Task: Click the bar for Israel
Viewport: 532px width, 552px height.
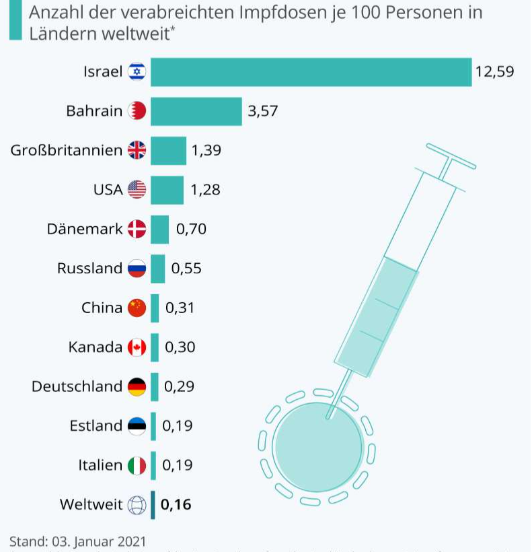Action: tap(311, 72)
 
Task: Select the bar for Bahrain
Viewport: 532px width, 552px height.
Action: tap(196, 111)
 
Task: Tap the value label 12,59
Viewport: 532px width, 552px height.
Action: tap(494, 71)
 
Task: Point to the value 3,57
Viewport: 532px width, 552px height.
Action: tap(262, 111)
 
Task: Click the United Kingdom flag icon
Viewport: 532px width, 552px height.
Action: tap(137, 150)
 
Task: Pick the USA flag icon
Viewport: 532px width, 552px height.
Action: tap(137, 190)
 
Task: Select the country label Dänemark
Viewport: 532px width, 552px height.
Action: tap(85, 229)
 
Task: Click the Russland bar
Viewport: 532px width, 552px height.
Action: tap(157, 269)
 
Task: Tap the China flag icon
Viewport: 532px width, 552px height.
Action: tap(137, 308)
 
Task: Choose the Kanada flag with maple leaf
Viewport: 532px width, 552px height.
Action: tap(137, 347)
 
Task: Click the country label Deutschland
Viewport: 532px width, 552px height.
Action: tap(77, 386)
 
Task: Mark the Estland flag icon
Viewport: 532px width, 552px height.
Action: tap(137, 425)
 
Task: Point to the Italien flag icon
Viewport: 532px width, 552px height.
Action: tap(137, 465)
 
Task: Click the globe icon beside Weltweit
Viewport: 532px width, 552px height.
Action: tap(137, 504)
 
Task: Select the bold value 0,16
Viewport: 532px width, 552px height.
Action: tap(176, 504)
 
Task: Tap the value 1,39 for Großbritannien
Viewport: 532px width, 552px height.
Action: tap(206, 150)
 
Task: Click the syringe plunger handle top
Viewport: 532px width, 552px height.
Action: tap(451, 156)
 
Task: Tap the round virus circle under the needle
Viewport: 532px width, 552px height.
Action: tap(317, 448)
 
